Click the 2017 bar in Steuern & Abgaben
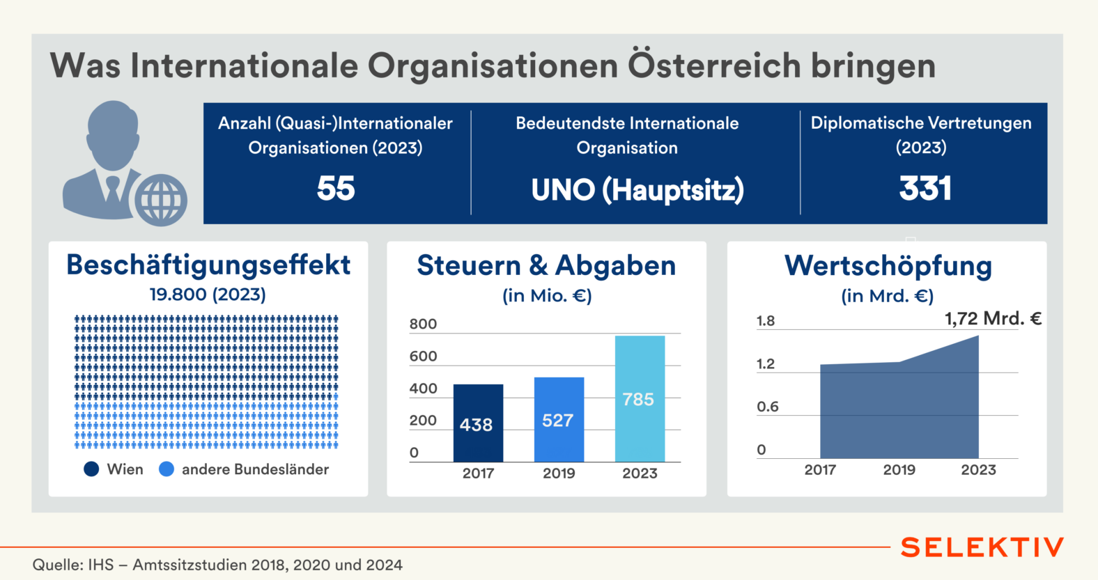click(x=478, y=423)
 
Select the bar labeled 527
click(x=559, y=419)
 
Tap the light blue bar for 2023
click(x=640, y=398)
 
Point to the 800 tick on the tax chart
click(x=423, y=324)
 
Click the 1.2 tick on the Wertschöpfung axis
click(x=766, y=364)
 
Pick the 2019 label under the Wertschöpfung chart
click(x=899, y=470)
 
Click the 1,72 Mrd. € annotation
click(x=993, y=319)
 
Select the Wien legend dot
click(x=91, y=469)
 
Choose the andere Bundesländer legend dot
click(x=167, y=469)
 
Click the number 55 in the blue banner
click(x=336, y=188)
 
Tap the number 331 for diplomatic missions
click(x=925, y=188)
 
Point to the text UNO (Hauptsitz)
click(x=637, y=190)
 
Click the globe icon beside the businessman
click(x=161, y=200)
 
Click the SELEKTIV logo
click(x=982, y=547)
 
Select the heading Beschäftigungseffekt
click(x=208, y=265)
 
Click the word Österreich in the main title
click(x=715, y=65)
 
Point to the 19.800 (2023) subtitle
click(x=208, y=295)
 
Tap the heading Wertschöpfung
click(x=888, y=266)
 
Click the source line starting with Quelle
click(x=217, y=565)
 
